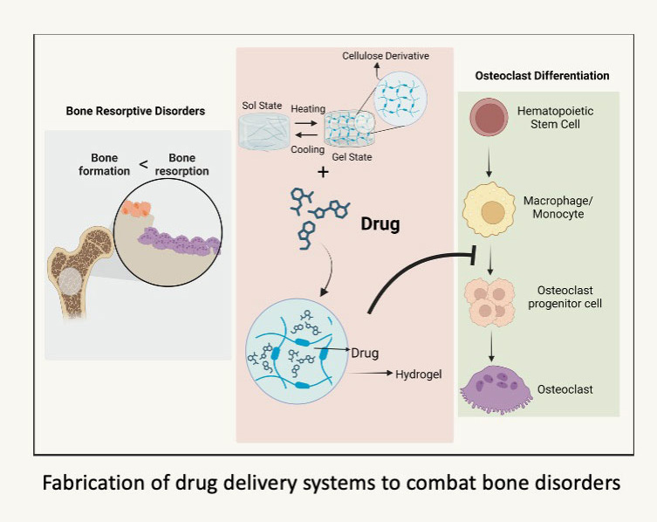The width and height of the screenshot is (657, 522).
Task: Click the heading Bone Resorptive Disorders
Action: click(x=135, y=112)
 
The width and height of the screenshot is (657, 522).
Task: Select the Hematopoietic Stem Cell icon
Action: click(x=490, y=118)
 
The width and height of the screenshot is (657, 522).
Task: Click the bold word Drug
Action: click(x=380, y=224)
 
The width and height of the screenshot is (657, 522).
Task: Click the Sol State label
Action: click(x=262, y=106)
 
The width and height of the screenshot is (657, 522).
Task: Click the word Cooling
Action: click(x=308, y=149)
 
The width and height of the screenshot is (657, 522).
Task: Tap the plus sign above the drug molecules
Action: click(x=323, y=173)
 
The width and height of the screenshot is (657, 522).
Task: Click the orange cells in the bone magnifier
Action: click(x=137, y=207)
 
